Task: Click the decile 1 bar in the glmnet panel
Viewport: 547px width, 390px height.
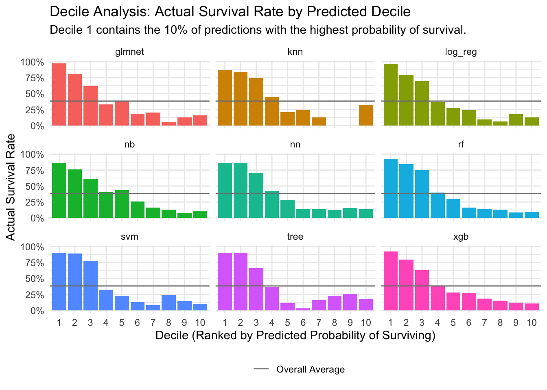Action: tap(59, 95)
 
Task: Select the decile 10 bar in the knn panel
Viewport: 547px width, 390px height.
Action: tap(366, 115)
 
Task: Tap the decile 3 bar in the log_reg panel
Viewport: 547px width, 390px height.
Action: tap(422, 104)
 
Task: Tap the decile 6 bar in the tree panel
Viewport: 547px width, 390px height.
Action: tap(303, 309)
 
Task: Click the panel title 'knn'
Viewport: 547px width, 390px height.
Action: tap(295, 52)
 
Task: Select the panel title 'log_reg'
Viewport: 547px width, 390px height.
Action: tap(461, 52)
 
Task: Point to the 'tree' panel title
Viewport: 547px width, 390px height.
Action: tap(295, 237)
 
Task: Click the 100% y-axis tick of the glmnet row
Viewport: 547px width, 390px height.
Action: tap(32, 62)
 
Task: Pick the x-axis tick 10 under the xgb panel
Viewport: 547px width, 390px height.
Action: tap(531, 323)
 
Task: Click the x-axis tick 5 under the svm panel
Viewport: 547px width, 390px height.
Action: tap(122, 323)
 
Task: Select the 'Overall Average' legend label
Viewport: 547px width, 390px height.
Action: tap(310, 369)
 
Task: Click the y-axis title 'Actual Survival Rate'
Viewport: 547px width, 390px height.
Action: tap(11, 187)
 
